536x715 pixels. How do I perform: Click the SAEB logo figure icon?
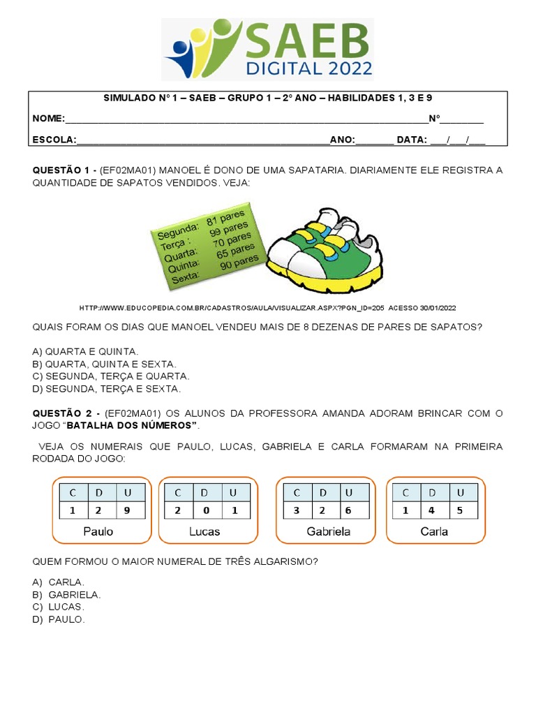click(x=202, y=50)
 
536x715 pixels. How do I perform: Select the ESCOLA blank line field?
click(x=202, y=140)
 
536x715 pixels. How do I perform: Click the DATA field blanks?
click(x=457, y=140)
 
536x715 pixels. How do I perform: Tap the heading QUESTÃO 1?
click(x=64, y=170)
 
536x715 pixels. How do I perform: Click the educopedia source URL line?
click(x=268, y=308)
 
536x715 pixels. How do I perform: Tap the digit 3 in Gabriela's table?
click(x=297, y=510)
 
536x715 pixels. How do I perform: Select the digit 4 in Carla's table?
click(x=432, y=510)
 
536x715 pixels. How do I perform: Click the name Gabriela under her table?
click(x=328, y=532)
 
